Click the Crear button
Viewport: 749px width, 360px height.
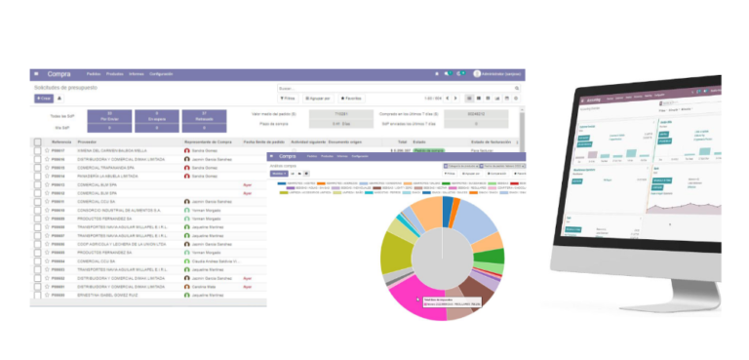tap(43, 99)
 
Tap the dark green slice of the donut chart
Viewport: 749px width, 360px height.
tap(493, 258)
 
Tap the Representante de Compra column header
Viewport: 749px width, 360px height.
tap(209, 142)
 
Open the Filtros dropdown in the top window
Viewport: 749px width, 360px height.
tap(287, 99)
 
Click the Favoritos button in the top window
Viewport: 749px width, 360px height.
tap(350, 99)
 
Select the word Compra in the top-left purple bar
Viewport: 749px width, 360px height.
tap(59, 74)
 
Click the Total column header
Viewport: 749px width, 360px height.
tap(402, 142)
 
